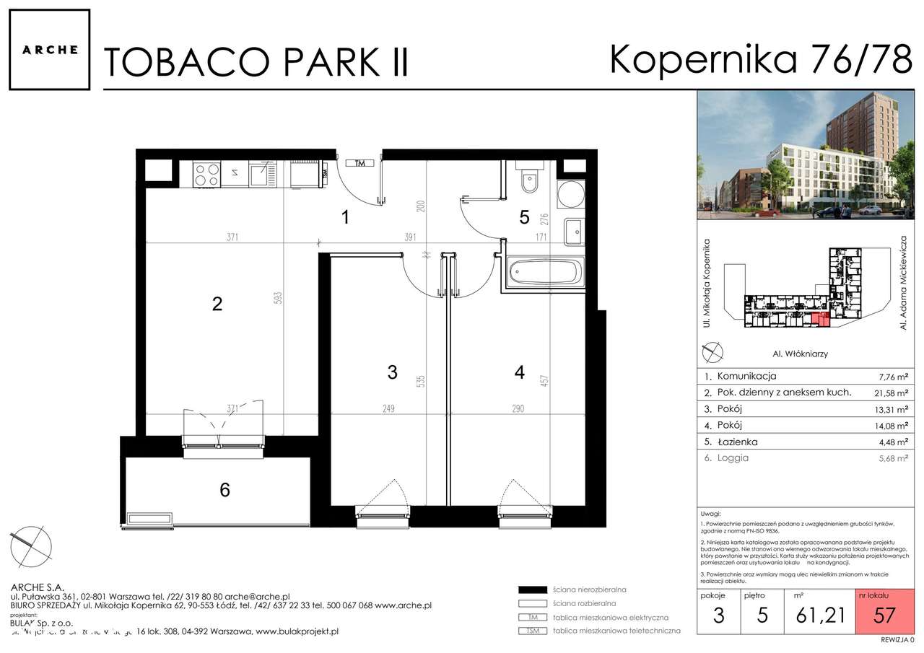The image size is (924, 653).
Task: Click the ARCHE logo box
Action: (49, 50)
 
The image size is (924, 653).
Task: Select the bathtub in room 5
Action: (544, 273)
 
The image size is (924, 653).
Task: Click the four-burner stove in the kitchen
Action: (206, 174)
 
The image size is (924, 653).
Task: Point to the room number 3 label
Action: (392, 372)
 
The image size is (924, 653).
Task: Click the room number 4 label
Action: (519, 372)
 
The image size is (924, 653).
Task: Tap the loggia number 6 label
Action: (225, 491)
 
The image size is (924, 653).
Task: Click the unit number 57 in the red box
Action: (884, 615)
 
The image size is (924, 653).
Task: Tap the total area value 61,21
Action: (818, 615)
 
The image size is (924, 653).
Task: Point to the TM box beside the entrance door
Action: (359, 164)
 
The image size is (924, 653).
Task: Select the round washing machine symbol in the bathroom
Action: (570, 194)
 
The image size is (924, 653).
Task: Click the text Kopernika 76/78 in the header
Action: (761, 59)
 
